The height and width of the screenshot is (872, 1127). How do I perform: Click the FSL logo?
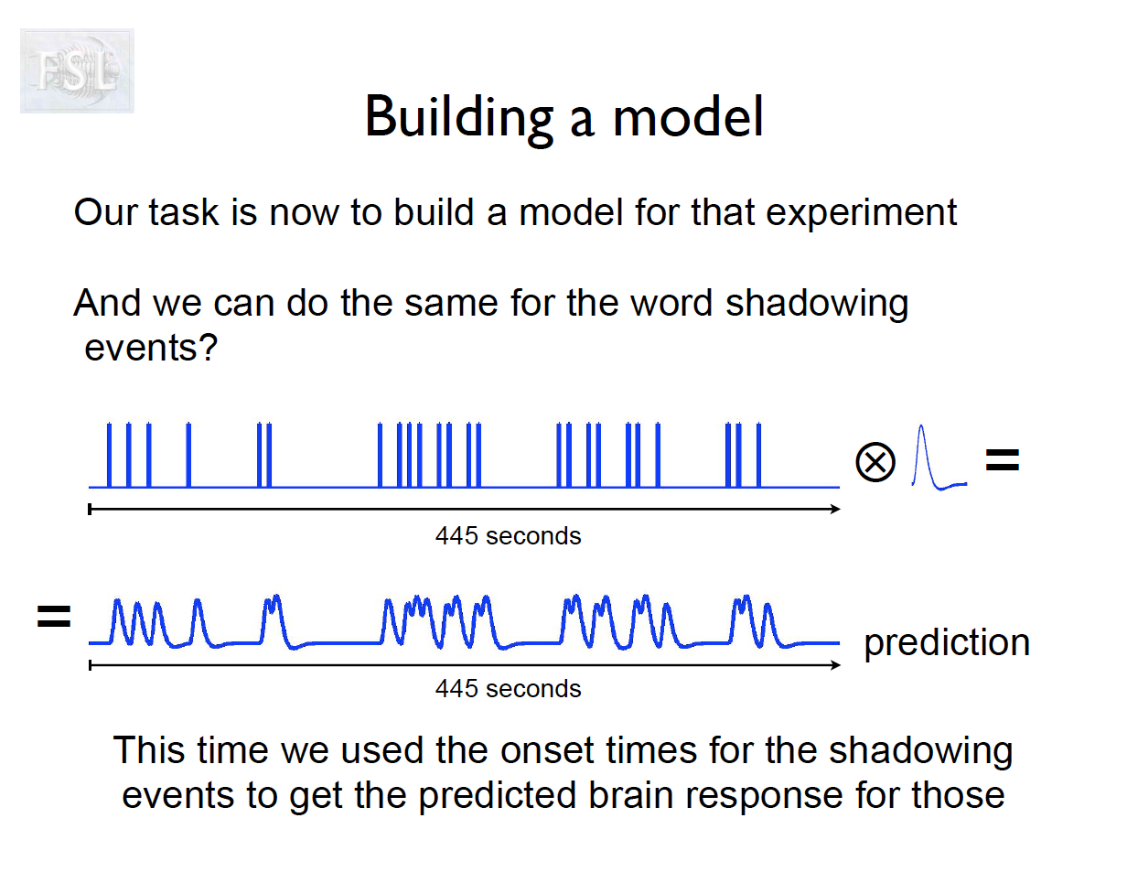(77, 70)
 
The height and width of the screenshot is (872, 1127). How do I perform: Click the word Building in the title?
(459, 119)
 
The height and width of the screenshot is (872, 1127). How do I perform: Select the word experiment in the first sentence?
(861, 214)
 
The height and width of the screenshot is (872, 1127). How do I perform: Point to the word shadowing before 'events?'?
(817, 305)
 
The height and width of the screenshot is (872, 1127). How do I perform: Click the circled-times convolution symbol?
(875, 462)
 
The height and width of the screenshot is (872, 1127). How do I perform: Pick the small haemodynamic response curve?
(939, 458)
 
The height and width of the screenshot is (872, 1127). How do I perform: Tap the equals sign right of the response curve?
(1002, 459)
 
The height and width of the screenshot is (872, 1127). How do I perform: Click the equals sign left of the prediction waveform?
(54, 617)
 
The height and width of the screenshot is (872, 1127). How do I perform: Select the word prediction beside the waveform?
(947, 644)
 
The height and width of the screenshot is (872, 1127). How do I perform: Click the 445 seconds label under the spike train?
(509, 536)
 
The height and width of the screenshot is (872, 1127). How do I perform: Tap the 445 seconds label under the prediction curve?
(509, 689)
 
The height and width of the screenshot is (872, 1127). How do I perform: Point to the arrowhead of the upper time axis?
(835, 509)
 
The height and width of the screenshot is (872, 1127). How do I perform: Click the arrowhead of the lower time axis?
(835, 665)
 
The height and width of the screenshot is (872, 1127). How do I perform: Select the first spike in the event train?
(109, 455)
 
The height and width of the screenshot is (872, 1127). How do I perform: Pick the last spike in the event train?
(758, 455)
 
